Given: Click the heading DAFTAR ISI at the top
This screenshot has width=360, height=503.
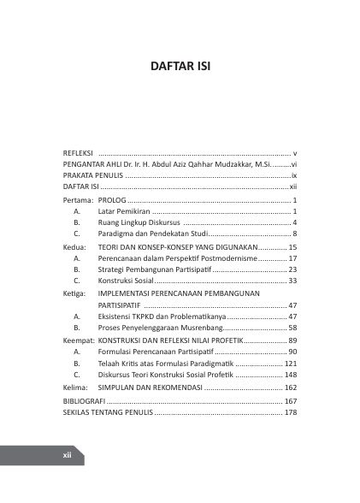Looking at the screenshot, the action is [x=180, y=65].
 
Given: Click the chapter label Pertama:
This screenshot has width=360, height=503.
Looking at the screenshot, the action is [x=79, y=198].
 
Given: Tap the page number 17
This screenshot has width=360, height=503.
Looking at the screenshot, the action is [x=292, y=257].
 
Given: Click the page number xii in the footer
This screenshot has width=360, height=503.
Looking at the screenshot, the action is [x=66, y=456].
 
